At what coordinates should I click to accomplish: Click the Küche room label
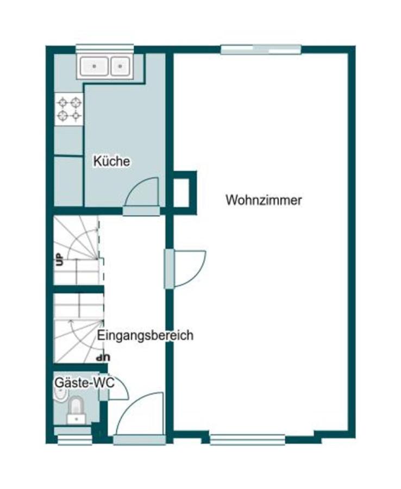coord(111,161)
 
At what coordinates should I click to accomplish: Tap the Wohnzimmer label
coord(264,200)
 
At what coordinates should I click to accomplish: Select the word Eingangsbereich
coord(145,335)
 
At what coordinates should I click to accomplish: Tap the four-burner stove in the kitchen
coord(69,109)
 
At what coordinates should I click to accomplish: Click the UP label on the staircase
coord(59,259)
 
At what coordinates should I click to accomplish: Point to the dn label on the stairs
coord(102,358)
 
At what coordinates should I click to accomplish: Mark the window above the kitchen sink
coord(104,48)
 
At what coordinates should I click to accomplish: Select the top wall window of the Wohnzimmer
coord(261,49)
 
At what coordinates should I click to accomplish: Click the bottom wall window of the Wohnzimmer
coord(247,438)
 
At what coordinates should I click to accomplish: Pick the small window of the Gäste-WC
coord(74,438)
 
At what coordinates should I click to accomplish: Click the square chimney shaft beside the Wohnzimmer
coord(182,190)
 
